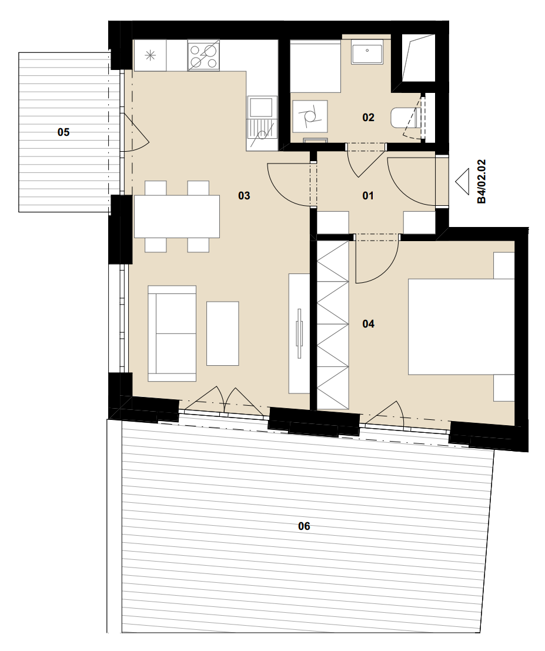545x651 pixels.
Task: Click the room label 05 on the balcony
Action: pyautogui.click(x=63, y=132)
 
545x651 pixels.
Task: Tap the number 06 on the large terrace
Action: pyautogui.click(x=305, y=526)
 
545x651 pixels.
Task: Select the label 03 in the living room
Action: pyautogui.click(x=244, y=195)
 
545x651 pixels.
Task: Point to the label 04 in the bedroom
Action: pyautogui.click(x=368, y=323)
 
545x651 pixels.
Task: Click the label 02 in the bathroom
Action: pyautogui.click(x=368, y=118)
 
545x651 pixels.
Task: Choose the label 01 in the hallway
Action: pyautogui.click(x=368, y=195)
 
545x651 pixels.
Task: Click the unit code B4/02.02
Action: pyautogui.click(x=482, y=182)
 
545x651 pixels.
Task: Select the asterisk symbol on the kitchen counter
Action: pyautogui.click(x=150, y=55)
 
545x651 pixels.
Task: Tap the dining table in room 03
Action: pyautogui.click(x=177, y=216)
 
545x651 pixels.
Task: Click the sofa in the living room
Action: pyautogui.click(x=172, y=333)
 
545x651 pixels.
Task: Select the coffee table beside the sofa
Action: pyautogui.click(x=222, y=333)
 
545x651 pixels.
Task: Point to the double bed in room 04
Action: pyautogui.click(x=461, y=327)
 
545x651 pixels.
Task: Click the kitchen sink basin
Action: pyautogui.click(x=262, y=106)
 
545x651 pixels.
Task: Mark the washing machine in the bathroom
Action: pyautogui.click(x=310, y=116)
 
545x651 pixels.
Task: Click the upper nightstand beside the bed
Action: pyautogui.click(x=504, y=265)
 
